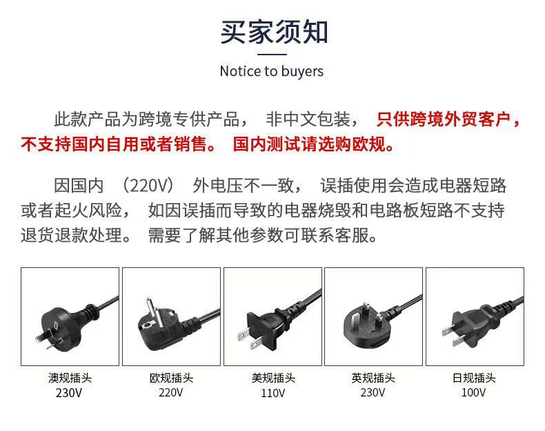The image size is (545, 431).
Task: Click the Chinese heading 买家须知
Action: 274,32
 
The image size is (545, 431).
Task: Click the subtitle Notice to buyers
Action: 272,71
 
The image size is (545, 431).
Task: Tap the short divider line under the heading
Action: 272,55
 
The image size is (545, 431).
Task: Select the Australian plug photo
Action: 70,316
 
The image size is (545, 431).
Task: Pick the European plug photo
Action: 171,316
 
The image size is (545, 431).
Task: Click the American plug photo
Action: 273,316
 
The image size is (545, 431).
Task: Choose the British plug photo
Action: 374,316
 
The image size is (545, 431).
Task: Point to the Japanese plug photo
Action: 475,316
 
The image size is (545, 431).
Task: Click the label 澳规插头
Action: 70,378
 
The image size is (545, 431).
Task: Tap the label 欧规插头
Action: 171,378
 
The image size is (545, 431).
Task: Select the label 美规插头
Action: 273,378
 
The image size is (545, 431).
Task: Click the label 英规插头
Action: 373,378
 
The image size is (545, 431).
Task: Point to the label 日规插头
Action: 474,378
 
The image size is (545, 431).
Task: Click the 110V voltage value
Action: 273,393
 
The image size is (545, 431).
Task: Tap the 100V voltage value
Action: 473,392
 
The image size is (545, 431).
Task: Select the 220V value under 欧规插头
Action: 170,392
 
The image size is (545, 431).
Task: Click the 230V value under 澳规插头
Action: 69,393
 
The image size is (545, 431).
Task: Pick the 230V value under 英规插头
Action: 373,392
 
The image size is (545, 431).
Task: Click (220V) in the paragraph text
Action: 148,185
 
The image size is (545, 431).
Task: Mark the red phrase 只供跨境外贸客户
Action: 443,119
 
